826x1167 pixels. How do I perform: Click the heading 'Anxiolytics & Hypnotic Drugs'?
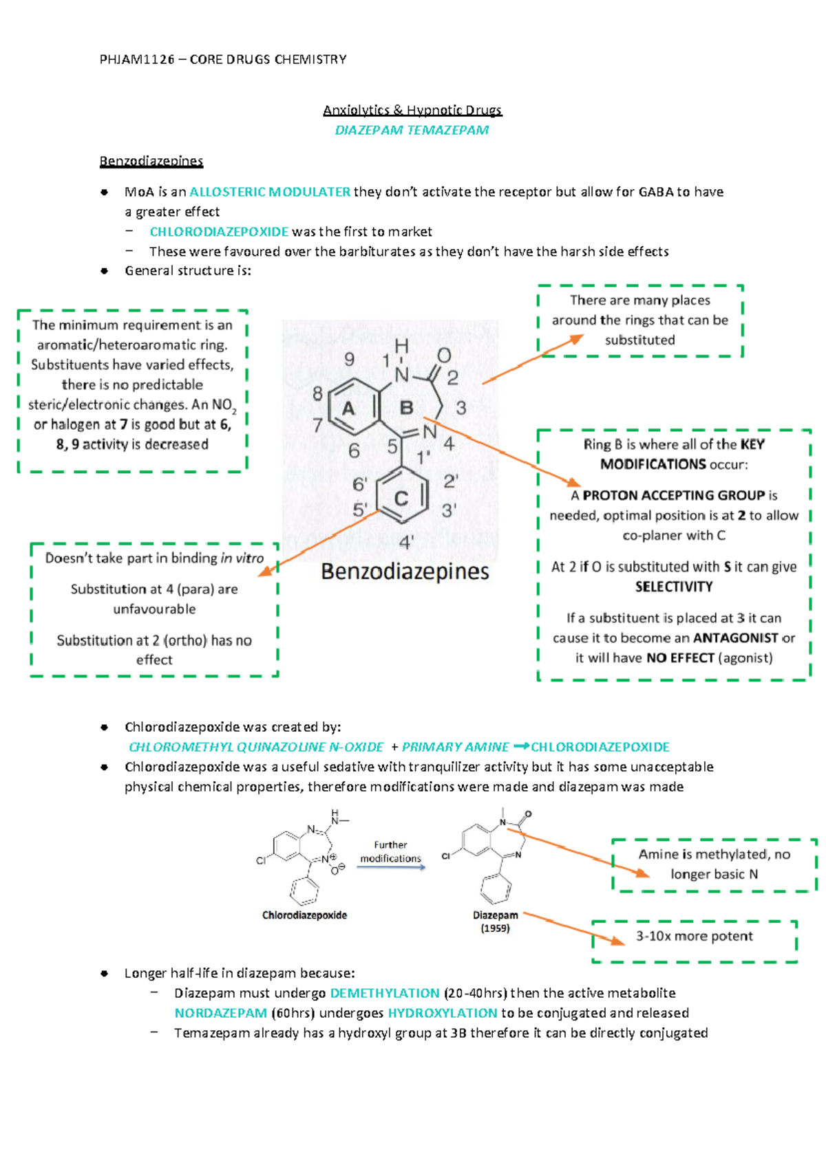pos(412,110)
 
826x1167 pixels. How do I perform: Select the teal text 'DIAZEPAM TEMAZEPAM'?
pos(412,130)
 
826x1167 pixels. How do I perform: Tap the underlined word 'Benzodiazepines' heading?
pos(151,161)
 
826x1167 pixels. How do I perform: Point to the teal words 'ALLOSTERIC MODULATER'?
pos(270,192)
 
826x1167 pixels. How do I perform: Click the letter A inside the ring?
pos(349,409)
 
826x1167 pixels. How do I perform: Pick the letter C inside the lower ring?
pos(401,498)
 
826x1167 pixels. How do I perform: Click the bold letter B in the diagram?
pos(407,408)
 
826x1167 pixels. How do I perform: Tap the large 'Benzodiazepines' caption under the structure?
pos(405,571)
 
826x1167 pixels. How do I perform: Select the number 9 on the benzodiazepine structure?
pos(350,359)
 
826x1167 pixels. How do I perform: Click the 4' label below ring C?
pos(406,543)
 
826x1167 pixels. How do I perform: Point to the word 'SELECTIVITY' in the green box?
pos(673,587)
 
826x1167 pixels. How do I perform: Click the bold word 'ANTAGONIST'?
pos(735,638)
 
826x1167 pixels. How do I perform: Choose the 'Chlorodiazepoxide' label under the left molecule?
pos(304,915)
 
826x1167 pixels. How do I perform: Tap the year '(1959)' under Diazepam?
pos(495,928)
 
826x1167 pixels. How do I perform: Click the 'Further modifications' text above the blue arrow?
pos(390,851)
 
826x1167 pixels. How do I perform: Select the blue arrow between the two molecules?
pos(391,868)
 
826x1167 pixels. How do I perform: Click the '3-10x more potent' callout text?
pos(694,936)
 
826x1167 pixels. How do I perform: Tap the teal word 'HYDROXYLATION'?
pos(443,1013)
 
